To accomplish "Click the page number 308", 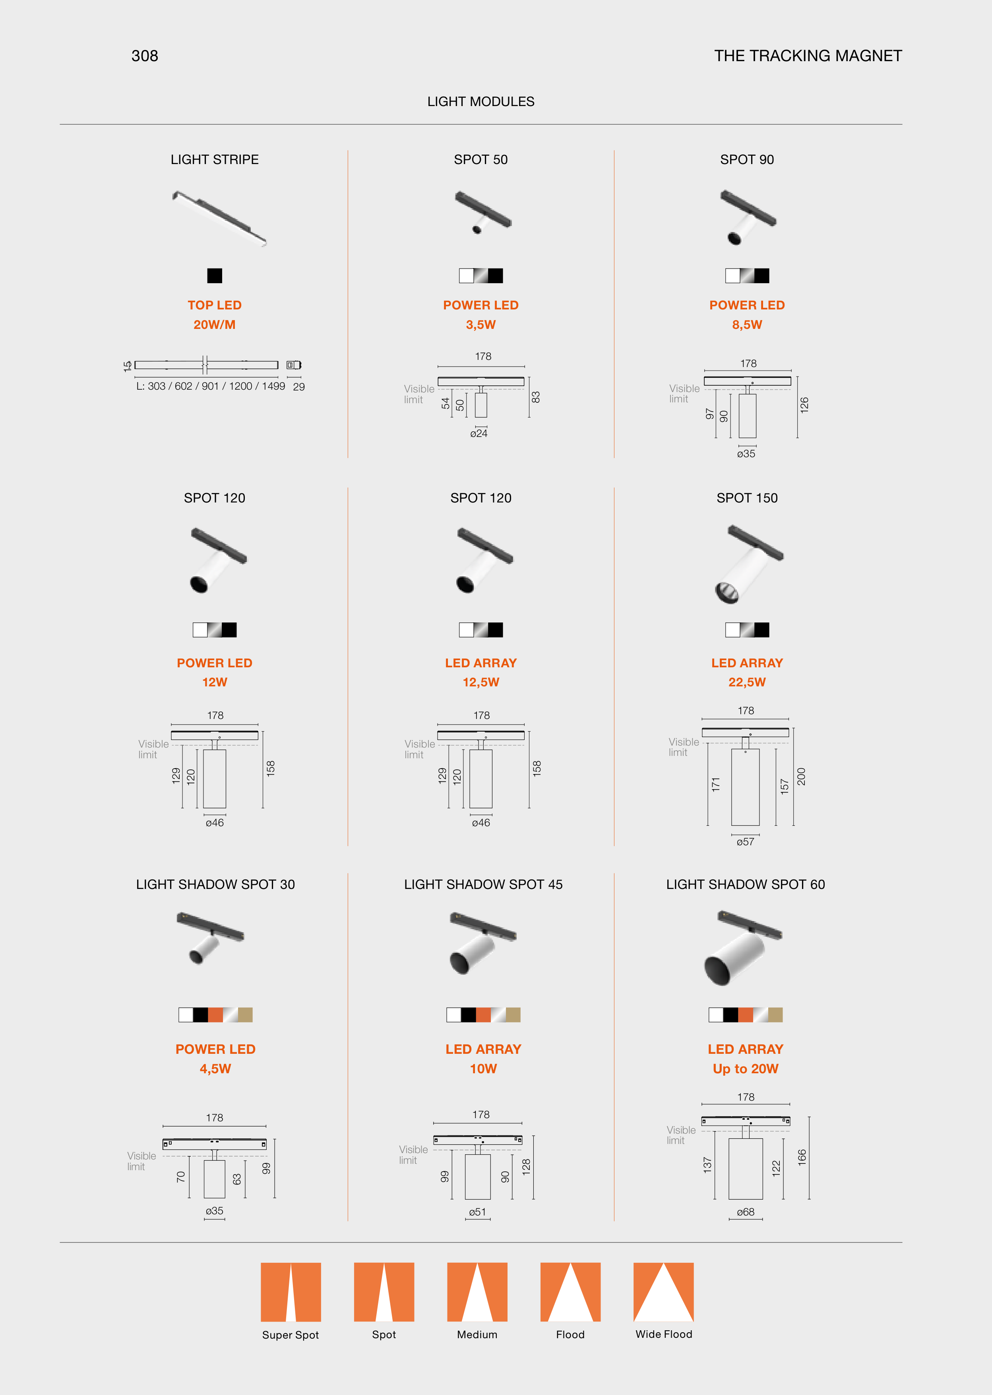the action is (x=145, y=56).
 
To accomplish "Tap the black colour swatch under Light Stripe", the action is (x=214, y=276).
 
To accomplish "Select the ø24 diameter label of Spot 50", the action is (x=479, y=433).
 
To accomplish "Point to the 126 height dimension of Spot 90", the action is (x=804, y=405).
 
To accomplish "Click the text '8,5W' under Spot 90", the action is (x=747, y=325).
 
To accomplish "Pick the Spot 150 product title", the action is (x=747, y=498).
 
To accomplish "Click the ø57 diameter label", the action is (x=745, y=842).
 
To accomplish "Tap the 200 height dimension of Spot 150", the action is (x=801, y=777).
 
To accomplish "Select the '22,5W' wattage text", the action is (x=747, y=682).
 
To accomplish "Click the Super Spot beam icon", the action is (x=291, y=1292).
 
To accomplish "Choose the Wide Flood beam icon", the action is (x=663, y=1292).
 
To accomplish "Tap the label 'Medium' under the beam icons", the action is (x=477, y=1335).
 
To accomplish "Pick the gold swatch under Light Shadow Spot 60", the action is (x=775, y=1014).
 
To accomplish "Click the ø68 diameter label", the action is (x=745, y=1212).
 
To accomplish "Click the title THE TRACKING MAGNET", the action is (x=808, y=56).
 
